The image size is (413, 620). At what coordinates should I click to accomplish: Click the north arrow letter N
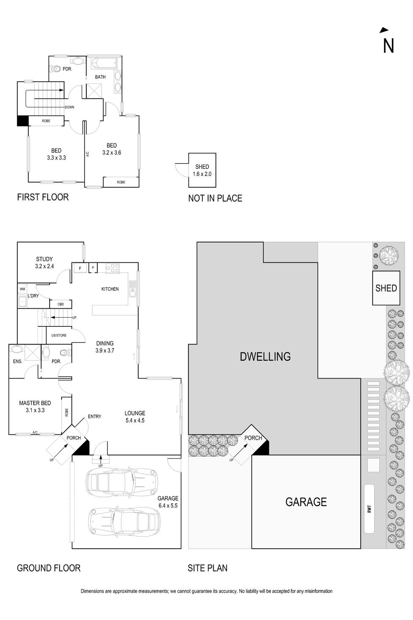[388, 46]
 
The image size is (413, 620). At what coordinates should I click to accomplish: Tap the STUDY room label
[44, 259]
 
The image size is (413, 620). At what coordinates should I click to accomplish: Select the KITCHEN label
[110, 289]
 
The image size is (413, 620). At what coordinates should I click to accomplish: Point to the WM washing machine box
[22, 289]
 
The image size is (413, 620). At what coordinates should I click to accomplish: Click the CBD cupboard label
[61, 304]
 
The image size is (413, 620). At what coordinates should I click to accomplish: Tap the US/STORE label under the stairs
[59, 335]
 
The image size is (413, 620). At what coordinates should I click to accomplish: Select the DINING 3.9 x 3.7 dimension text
[105, 350]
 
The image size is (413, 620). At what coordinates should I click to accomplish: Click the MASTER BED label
[35, 403]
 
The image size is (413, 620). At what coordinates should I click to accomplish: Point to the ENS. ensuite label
[17, 361]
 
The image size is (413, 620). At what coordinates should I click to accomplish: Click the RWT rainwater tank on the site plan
[369, 509]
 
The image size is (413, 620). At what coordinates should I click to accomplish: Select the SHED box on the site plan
[386, 288]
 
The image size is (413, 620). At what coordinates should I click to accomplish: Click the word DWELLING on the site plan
[265, 357]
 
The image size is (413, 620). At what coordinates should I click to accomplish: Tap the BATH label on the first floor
[100, 77]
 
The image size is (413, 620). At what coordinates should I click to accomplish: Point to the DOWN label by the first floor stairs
[70, 107]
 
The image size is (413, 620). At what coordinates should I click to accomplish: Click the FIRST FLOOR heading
[43, 197]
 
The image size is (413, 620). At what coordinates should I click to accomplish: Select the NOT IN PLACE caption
[215, 198]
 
